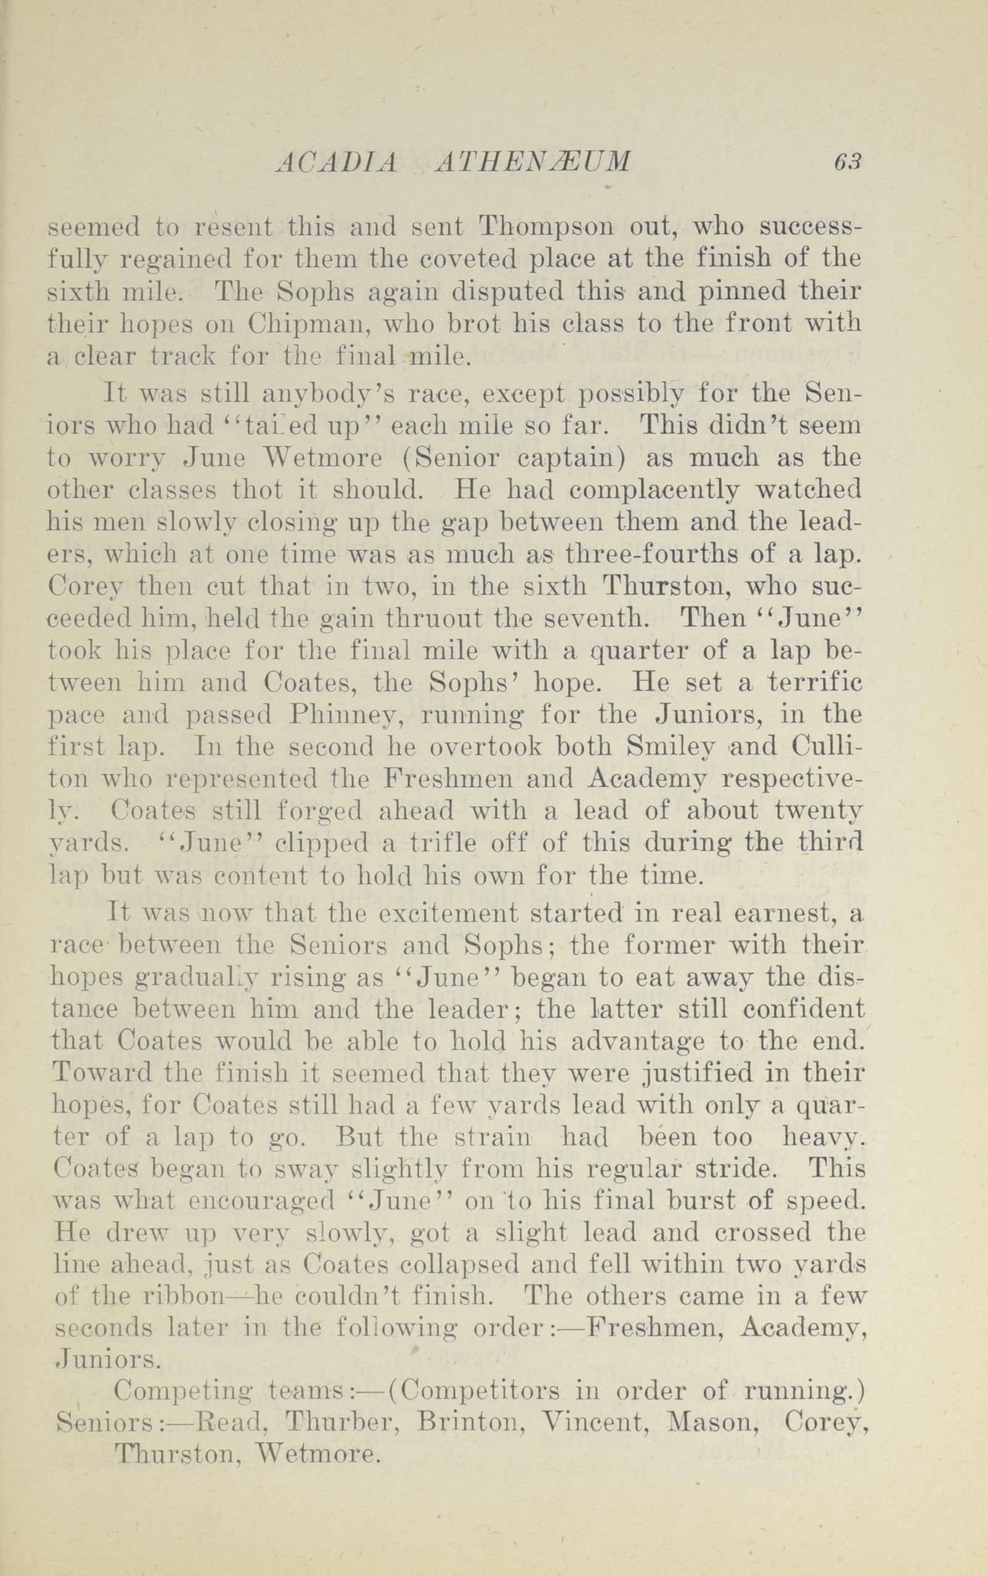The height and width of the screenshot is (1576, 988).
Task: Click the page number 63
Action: click(847, 161)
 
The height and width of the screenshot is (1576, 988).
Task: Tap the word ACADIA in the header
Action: click(336, 161)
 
